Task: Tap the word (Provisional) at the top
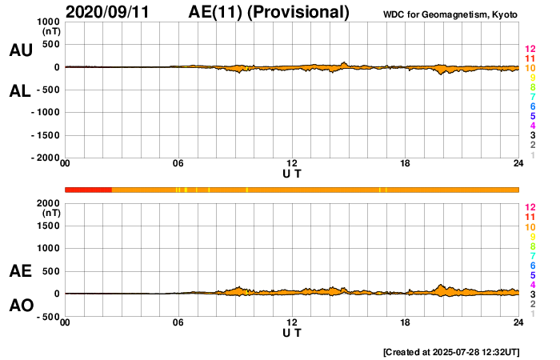(x=298, y=12)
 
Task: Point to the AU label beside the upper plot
(x=20, y=50)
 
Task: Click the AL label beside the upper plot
(x=20, y=91)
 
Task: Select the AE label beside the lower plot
(x=20, y=272)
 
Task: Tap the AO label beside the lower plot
(x=20, y=306)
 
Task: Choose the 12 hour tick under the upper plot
(x=292, y=164)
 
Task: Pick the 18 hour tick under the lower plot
(x=406, y=322)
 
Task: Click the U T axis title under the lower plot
(x=292, y=333)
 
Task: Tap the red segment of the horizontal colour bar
(x=88, y=190)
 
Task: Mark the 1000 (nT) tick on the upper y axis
(x=47, y=22)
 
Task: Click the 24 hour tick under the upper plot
(x=518, y=164)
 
